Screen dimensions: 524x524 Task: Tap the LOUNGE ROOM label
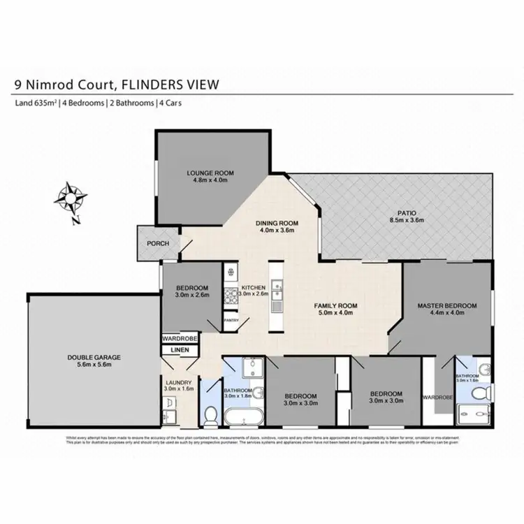click(x=210, y=173)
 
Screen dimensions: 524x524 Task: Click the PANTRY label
click(x=231, y=321)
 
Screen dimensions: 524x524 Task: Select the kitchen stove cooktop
click(x=230, y=296)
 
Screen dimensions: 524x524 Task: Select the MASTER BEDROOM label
click(x=447, y=306)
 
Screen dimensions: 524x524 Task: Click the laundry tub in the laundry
click(x=170, y=403)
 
